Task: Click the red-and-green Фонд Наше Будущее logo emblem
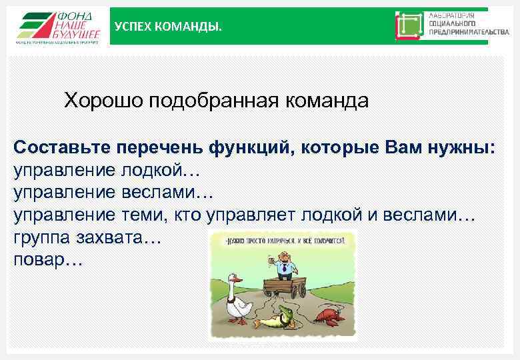coord(33,25)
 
